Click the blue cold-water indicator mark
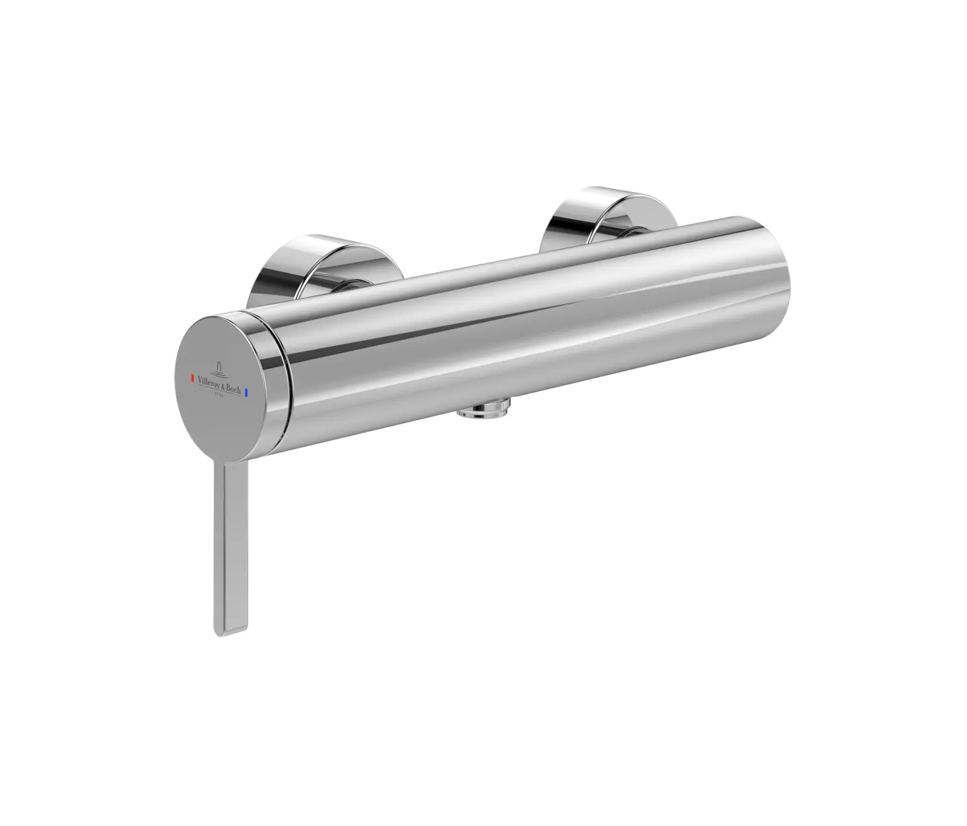[x=247, y=393]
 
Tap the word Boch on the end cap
[x=233, y=390]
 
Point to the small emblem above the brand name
[x=218, y=370]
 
